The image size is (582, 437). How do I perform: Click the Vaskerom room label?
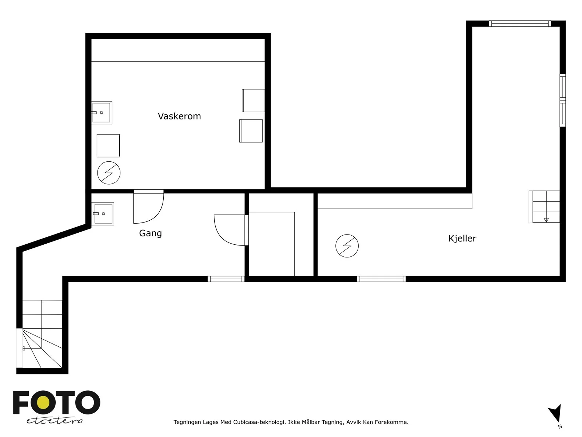pyautogui.click(x=179, y=116)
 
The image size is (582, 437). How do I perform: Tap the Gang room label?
pyautogui.click(x=150, y=233)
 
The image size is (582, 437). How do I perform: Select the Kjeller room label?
pyautogui.click(x=462, y=238)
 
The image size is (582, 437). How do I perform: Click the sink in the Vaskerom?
pyautogui.click(x=101, y=113)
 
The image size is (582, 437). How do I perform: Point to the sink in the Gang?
pyautogui.click(x=103, y=214)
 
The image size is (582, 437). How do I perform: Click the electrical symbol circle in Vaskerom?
pyautogui.click(x=109, y=173)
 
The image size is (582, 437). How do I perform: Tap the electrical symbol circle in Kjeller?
pyautogui.click(x=347, y=246)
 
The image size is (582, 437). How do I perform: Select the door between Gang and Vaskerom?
pyautogui.click(x=148, y=206)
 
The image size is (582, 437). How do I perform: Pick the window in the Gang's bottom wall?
pyautogui.click(x=226, y=279)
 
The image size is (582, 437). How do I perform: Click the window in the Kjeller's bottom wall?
pyautogui.click(x=381, y=279)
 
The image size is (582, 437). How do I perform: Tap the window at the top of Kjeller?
pyautogui.click(x=520, y=24)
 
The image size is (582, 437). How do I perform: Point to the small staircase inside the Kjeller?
pyautogui.click(x=544, y=207)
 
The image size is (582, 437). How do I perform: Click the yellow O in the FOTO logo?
pyautogui.click(x=43, y=402)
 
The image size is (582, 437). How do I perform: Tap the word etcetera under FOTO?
pyautogui.click(x=54, y=421)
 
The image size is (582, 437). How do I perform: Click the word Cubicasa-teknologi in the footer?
pyautogui.click(x=259, y=422)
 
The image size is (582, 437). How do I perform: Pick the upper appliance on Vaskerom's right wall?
pyautogui.click(x=253, y=100)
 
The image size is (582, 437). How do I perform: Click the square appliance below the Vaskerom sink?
pyautogui.click(x=108, y=146)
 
